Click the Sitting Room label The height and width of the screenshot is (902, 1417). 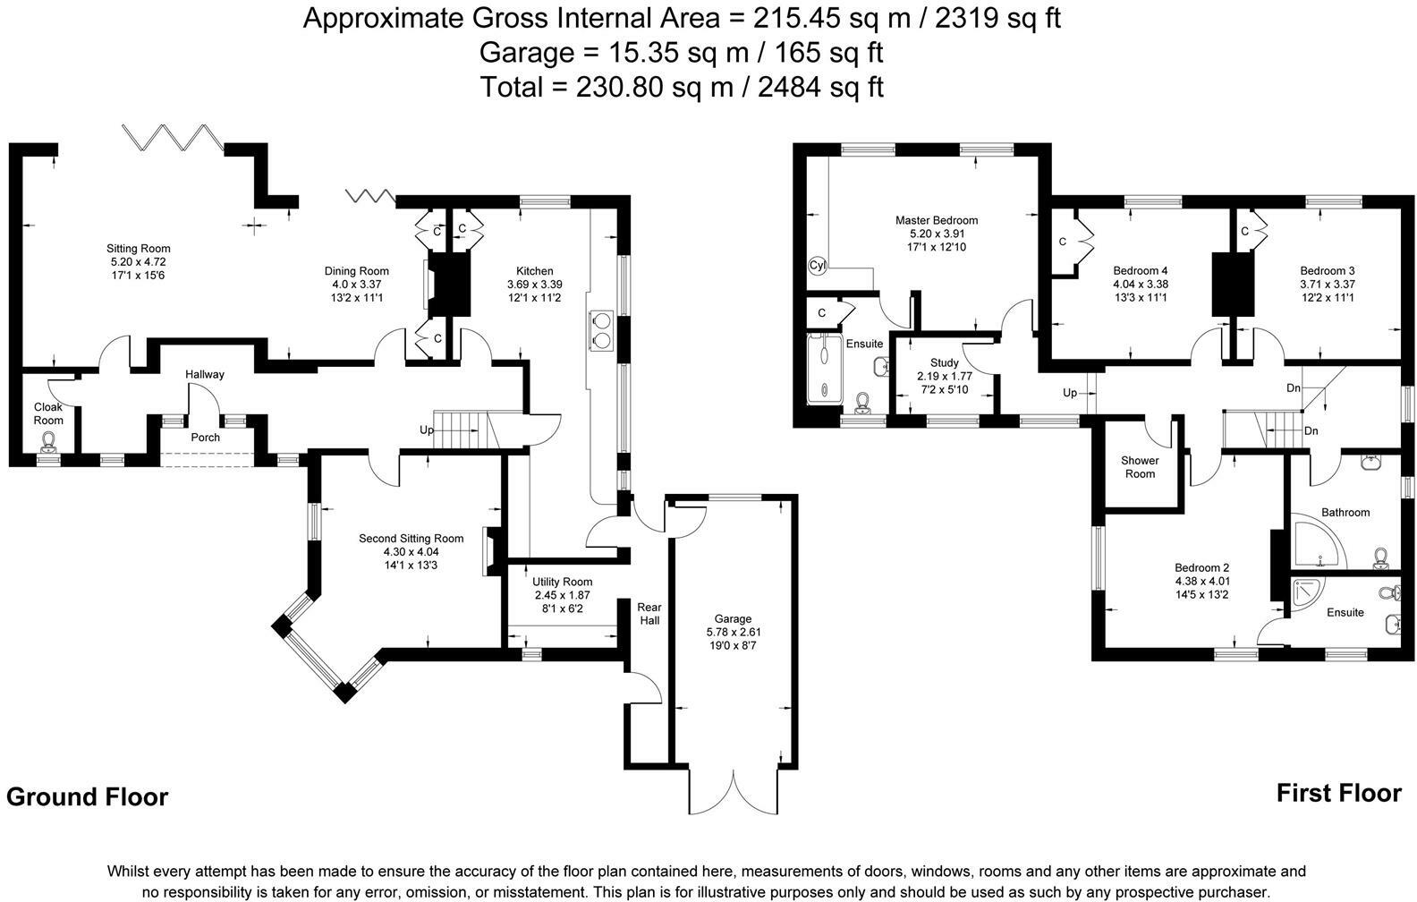pyautogui.click(x=138, y=249)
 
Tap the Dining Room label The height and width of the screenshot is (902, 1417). pyautogui.click(x=356, y=271)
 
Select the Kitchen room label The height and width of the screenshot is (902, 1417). pyautogui.click(x=535, y=271)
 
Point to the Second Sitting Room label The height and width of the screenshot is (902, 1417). pyautogui.click(x=411, y=539)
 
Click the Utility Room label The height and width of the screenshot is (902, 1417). pyautogui.click(x=563, y=582)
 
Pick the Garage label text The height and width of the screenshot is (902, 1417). pyautogui.click(x=733, y=619)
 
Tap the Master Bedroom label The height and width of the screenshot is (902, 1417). pyautogui.click(x=937, y=220)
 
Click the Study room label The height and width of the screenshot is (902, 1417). pyautogui.click(x=944, y=363)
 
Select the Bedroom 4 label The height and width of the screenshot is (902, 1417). pyautogui.click(x=1140, y=271)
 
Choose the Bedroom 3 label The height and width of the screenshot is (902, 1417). pyautogui.click(x=1327, y=271)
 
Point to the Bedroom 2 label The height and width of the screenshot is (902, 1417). pyautogui.click(x=1201, y=567)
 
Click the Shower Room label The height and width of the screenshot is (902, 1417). pyautogui.click(x=1140, y=467)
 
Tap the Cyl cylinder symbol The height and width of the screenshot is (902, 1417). pyautogui.click(x=818, y=266)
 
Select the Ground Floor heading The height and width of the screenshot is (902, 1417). pyautogui.click(x=87, y=796)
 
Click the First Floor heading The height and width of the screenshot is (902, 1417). pyautogui.click(x=1338, y=793)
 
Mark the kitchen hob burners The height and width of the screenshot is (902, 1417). pyautogui.click(x=600, y=329)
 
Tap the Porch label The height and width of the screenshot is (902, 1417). pyautogui.click(x=205, y=438)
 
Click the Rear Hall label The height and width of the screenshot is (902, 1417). pyautogui.click(x=649, y=613)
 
